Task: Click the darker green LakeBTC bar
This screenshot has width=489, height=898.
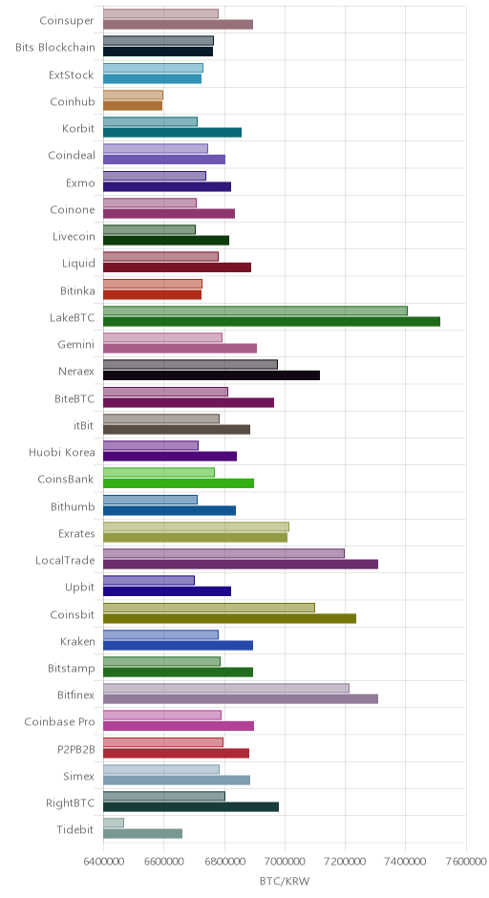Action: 271,321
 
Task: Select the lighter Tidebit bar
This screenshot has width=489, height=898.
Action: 114,823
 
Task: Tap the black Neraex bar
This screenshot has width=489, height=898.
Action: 211,375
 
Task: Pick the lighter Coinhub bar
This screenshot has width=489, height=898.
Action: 133,95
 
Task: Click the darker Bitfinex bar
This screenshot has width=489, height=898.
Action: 241,698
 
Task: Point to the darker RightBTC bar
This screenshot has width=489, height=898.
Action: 191,806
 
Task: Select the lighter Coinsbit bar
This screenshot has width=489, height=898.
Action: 209,608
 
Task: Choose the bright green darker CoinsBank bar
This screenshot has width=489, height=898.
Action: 179,483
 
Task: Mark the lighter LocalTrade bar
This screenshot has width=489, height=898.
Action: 223,553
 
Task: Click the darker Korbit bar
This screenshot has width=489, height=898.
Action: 172,132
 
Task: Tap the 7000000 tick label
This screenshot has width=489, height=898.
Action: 285,862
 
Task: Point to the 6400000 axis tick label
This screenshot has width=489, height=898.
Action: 104,862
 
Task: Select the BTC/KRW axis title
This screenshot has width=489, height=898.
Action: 285,881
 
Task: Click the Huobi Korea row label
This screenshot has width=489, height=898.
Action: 62,453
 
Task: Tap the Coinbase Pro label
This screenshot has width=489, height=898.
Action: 59,721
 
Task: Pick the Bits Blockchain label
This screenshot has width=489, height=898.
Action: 55,48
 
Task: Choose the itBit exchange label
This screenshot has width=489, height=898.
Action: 84,425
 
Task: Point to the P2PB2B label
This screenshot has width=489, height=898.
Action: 76,749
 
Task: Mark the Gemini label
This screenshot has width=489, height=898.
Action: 76,345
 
